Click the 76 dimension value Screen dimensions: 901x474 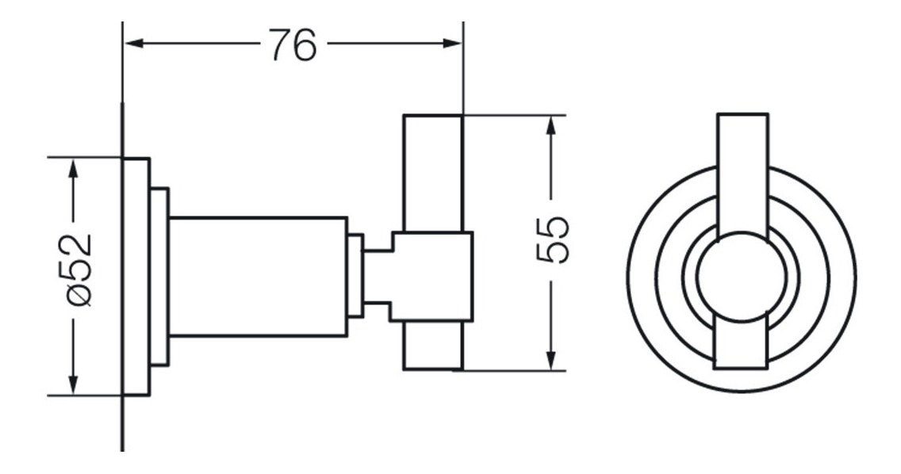pyautogui.click(x=293, y=45)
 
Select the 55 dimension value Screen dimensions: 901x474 pyautogui.click(x=552, y=239)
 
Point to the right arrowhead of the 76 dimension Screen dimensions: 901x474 pyautogui.click(x=452, y=44)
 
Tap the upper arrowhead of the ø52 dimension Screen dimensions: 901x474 pyautogui.click(x=73, y=169)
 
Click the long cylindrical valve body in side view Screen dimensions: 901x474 pyautogui.click(x=259, y=277)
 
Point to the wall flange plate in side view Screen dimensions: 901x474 pyautogui.click(x=136, y=277)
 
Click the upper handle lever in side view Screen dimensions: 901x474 pyautogui.click(x=433, y=173)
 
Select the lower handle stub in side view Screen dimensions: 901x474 pyautogui.click(x=433, y=346)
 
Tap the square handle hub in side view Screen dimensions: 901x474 pyautogui.click(x=431, y=277)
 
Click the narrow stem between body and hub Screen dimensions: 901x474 pyautogui.click(x=377, y=277)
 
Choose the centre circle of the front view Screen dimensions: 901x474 pyautogui.click(x=741, y=277)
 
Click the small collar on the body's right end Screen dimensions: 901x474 pyautogui.click(x=355, y=276)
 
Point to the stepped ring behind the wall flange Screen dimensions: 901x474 pyautogui.click(x=159, y=277)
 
